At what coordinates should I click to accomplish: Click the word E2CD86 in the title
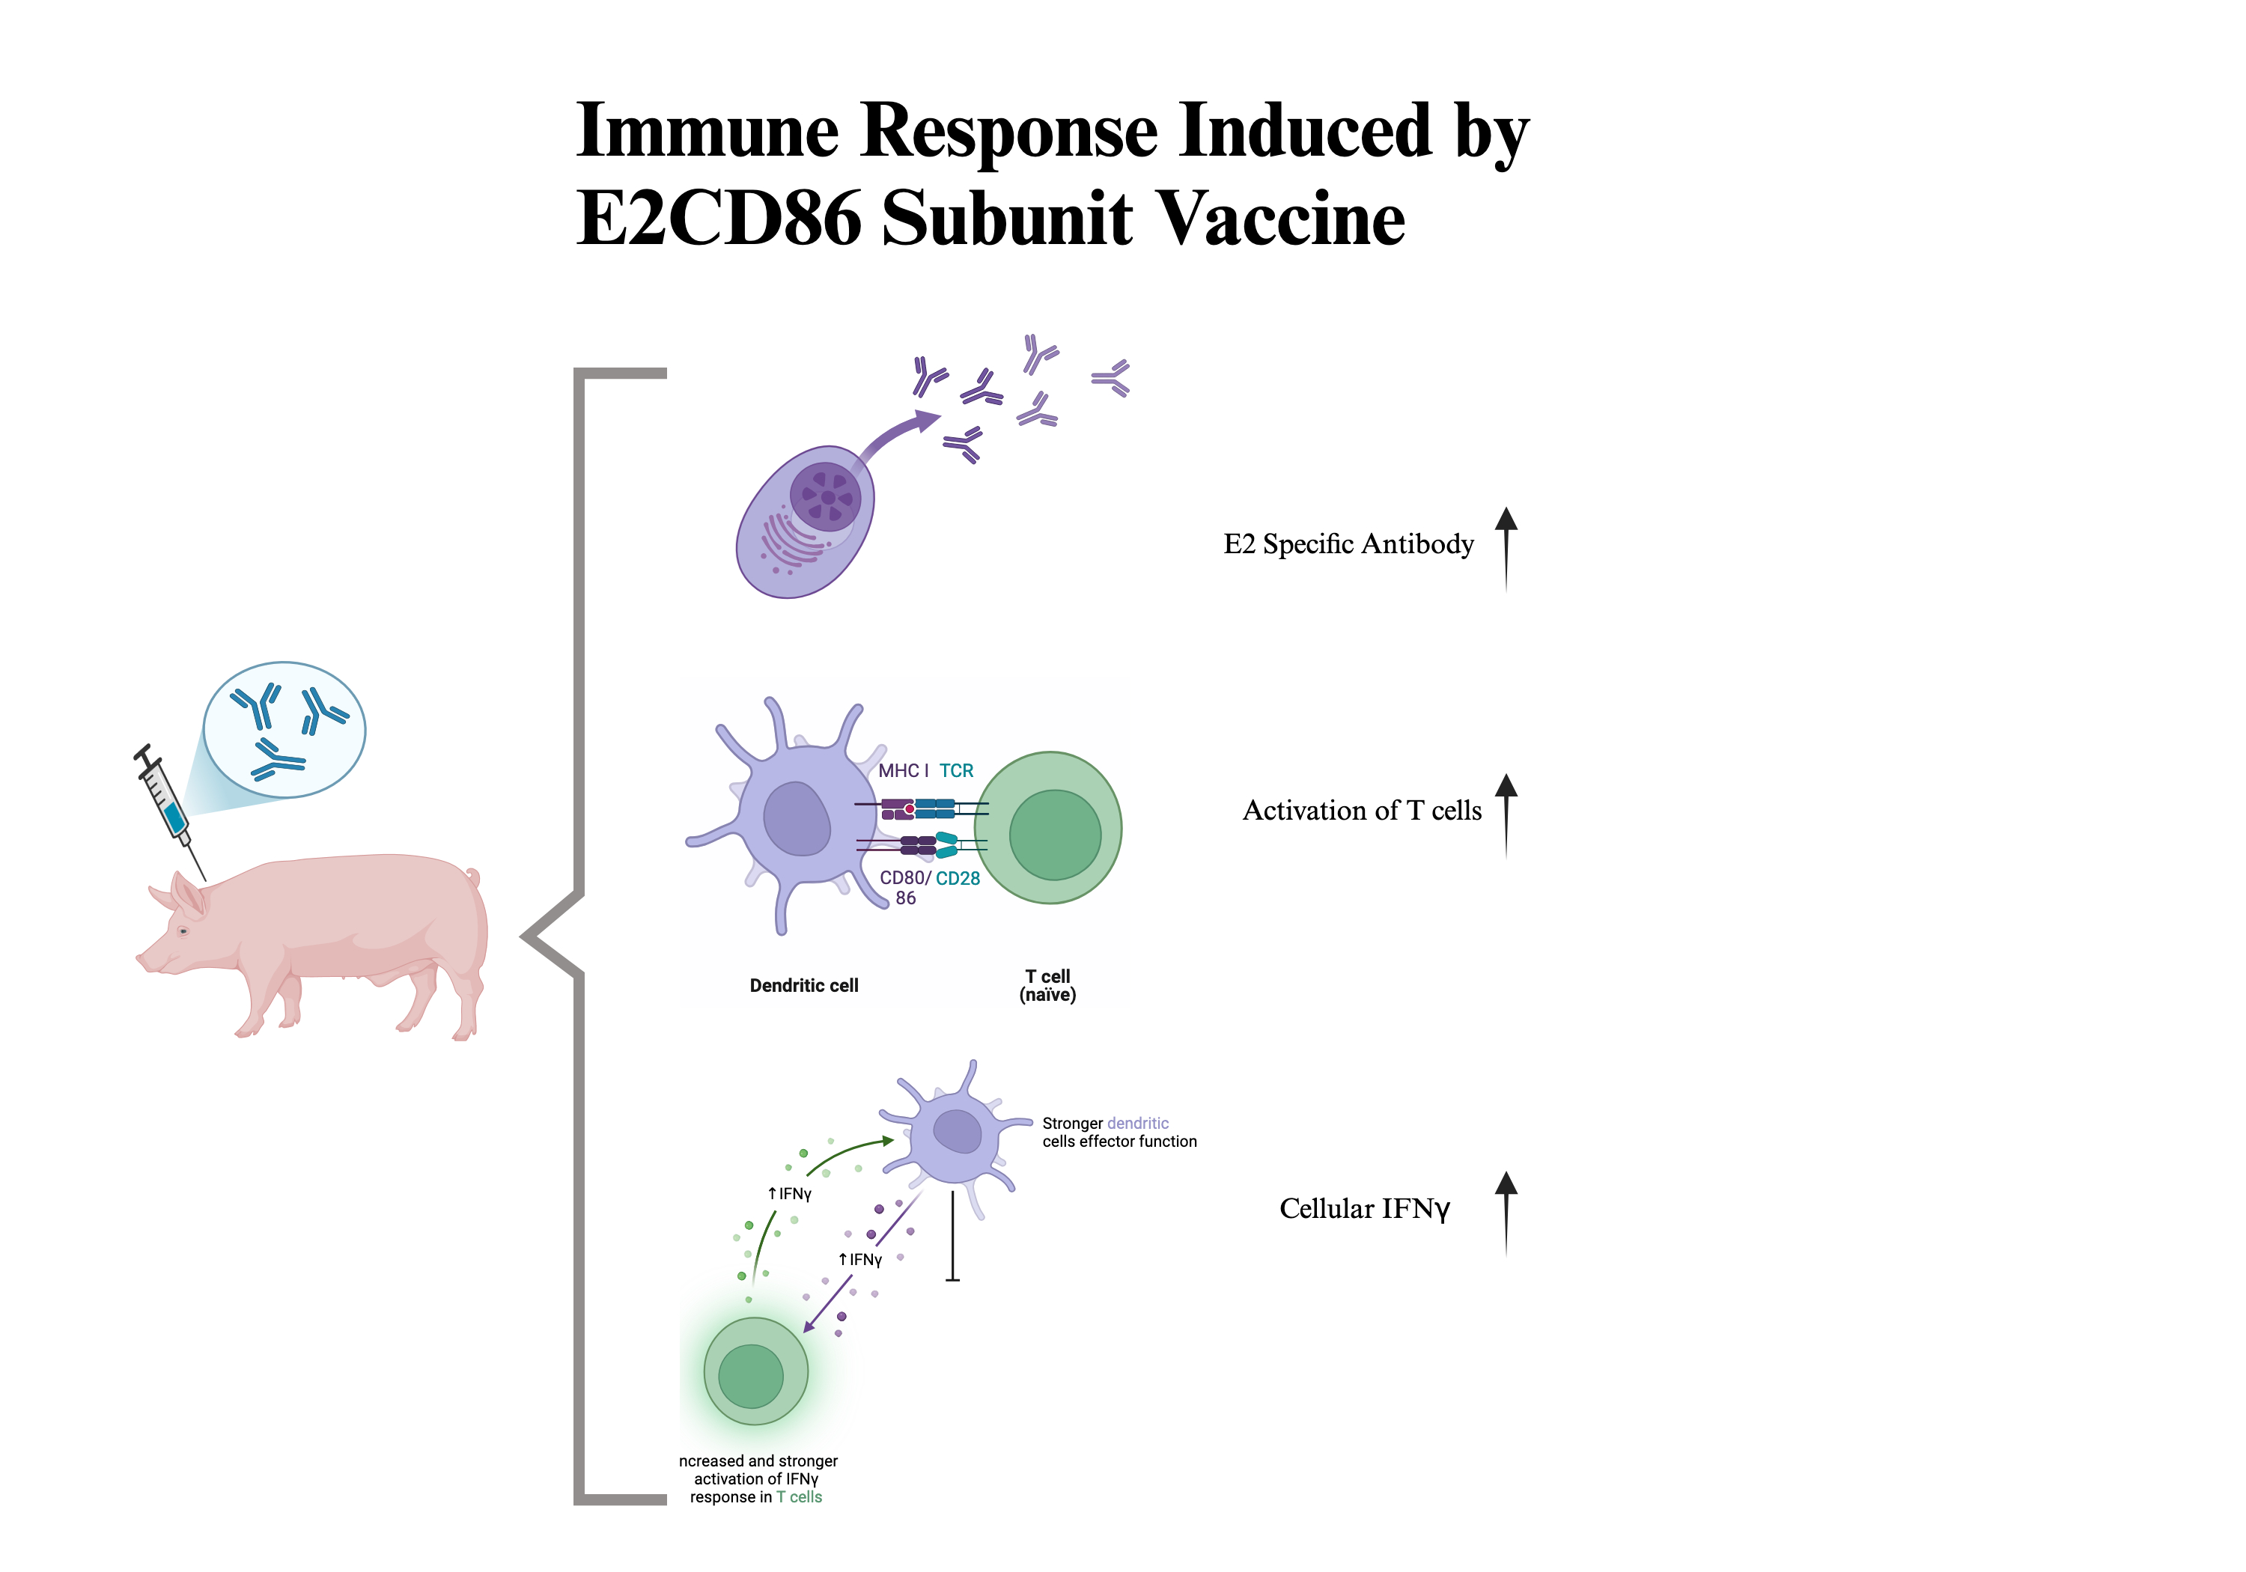point(718,217)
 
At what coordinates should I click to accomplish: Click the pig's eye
point(183,930)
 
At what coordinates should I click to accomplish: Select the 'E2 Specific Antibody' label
point(1348,544)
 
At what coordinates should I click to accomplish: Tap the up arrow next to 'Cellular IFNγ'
point(1506,1212)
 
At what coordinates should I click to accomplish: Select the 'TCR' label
point(956,771)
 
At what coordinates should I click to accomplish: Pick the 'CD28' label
point(958,878)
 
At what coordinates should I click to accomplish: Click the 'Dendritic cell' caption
point(803,985)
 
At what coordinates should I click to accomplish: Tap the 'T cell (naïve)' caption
point(1047,985)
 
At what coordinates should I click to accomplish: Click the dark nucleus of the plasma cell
point(826,497)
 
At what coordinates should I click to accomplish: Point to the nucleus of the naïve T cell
point(1055,835)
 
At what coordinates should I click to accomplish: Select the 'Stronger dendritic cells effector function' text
point(1119,1132)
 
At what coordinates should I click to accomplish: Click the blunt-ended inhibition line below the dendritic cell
point(953,1237)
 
